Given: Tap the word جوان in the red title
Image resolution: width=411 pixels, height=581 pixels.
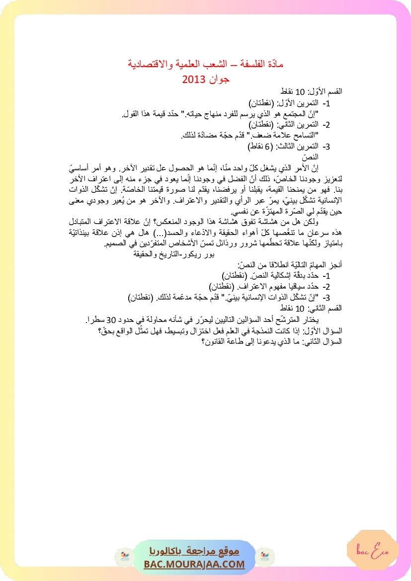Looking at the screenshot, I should tap(219, 79).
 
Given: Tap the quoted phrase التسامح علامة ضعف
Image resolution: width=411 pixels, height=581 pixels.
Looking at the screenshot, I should tap(292, 136).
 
